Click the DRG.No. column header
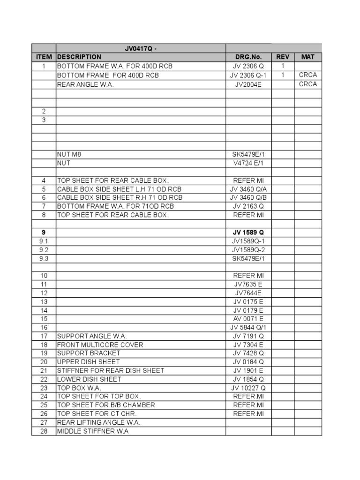[x=248, y=57]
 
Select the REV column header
[x=283, y=57]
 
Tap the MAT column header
[x=308, y=57]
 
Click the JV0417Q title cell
[x=141, y=48]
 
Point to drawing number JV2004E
[x=248, y=84]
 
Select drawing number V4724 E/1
[x=248, y=163]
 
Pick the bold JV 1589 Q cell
[x=248, y=232]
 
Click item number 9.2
[x=44, y=249]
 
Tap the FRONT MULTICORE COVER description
[x=100, y=345]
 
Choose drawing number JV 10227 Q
[x=248, y=388]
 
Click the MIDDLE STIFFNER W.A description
[x=92, y=431]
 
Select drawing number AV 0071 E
[x=248, y=319]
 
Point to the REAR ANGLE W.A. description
[x=85, y=84]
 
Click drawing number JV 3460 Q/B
[x=248, y=197]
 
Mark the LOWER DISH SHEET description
[x=89, y=379]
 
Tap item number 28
[x=44, y=431]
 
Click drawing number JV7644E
[x=248, y=293]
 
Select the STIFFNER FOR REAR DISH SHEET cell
[x=111, y=371]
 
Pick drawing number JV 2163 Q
[x=248, y=206]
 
